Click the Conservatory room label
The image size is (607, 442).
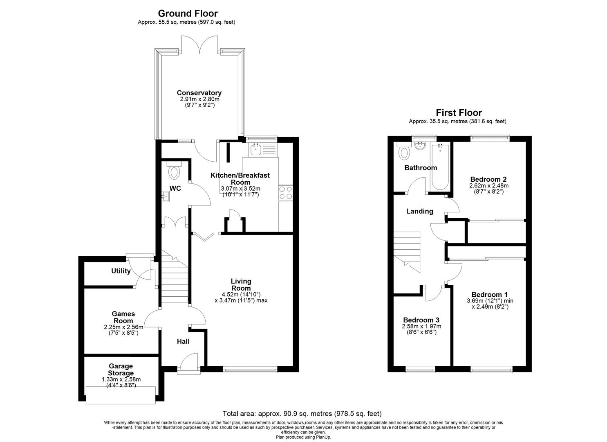pyautogui.click(x=199, y=93)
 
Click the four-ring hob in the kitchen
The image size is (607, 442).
pyautogui.click(x=285, y=192)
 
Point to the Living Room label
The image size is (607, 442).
pyautogui.click(x=241, y=284)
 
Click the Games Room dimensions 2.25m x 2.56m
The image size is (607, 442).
pyautogui.click(x=123, y=327)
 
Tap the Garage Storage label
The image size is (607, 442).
pyautogui.click(x=121, y=370)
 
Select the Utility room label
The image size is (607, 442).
pyautogui.click(x=121, y=271)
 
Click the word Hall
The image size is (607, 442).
pyautogui.click(x=183, y=341)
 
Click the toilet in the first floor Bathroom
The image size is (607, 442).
pyautogui.click(x=404, y=152)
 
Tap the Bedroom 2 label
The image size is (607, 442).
pyautogui.click(x=488, y=179)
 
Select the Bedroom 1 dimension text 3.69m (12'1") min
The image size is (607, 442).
pyautogui.click(x=490, y=300)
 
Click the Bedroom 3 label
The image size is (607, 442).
pyautogui.click(x=421, y=320)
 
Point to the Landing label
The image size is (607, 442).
pyautogui.click(x=419, y=211)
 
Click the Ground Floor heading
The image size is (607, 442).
pyautogui.click(x=188, y=14)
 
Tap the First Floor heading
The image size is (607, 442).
pyautogui.click(x=459, y=113)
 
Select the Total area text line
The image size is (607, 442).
pyautogui.click(x=302, y=414)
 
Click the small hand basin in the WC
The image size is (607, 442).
pyautogui.click(x=166, y=198)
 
